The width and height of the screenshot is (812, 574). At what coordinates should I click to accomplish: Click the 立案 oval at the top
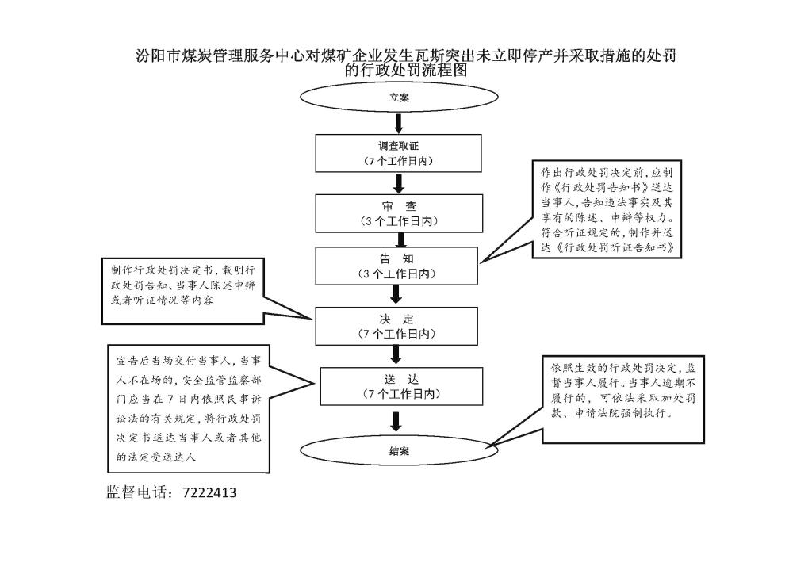coord(398,99)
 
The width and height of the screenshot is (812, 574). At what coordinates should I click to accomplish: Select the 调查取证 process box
coord(398,153)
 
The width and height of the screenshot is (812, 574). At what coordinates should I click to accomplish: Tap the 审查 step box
coord(398,212)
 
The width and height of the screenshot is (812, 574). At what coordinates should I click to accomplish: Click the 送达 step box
coord(399,386)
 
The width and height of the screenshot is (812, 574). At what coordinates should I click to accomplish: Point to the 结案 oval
coord(399,450)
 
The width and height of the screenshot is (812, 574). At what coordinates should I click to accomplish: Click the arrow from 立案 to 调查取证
coord(399,123)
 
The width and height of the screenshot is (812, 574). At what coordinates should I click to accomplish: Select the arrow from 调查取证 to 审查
coord(399,183)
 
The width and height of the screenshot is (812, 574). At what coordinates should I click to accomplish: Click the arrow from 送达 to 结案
coord(397,420)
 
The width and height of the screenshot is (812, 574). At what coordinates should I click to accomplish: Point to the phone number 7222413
coord(209,492)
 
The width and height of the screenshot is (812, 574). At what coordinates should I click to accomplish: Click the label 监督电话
coord(139,492)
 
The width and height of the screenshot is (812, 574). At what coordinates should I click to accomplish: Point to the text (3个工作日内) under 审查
coord(398,221)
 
